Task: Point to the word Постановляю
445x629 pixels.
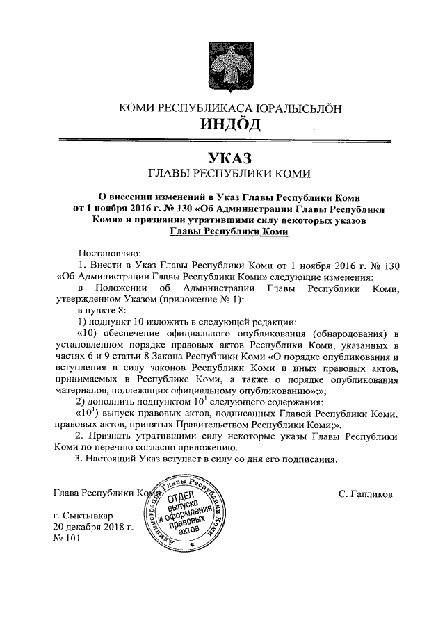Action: [x=111, y=252]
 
